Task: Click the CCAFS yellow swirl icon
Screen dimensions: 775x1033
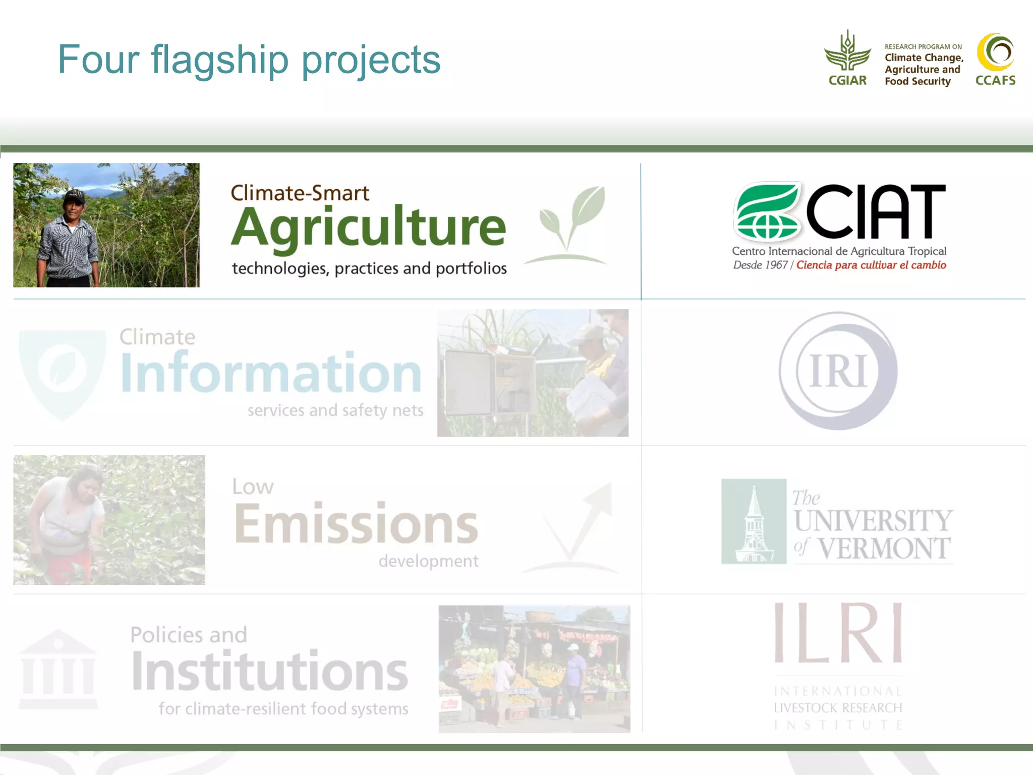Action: pyautogui.click(x=995, y=52)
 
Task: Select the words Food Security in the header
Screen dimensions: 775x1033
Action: pyautogui.click(x=917, y=81)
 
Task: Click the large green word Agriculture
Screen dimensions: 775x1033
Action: pyautogui.click(x=368, y=227)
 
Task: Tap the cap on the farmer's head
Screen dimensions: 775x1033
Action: pyautogui.click(x=75, y=195)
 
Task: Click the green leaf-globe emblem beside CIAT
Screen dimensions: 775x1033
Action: pyautogui.click(x=767, y=211)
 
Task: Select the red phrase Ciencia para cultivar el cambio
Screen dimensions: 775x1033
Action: pyautogui.click(x=871, y=265)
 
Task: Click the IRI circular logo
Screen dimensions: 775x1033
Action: pyautogui.click(x=838, y=371)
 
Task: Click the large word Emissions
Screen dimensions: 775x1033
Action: pyautogui.click(x=356, y=524)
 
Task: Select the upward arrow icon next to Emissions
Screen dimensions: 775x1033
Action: pyautogui.click(x=580, y=525)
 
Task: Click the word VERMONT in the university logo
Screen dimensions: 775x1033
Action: pyautogui.click(x=884, y=549)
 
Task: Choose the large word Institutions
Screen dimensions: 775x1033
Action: pyautogui.click(x=270, y=671)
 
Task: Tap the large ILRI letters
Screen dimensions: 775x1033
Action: pyautogui.click(x=838, y=633)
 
